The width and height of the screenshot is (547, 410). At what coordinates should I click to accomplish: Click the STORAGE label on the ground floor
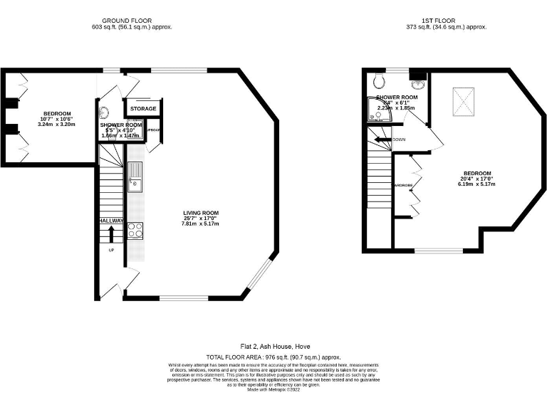143,109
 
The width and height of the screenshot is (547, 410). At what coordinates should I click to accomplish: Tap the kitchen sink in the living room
134,178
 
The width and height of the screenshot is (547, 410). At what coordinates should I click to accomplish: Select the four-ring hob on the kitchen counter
135,229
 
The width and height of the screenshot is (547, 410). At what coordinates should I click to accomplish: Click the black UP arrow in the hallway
111,233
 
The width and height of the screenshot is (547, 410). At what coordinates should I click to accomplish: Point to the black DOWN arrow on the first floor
382,140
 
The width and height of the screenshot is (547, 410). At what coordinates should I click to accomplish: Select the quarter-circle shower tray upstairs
372,109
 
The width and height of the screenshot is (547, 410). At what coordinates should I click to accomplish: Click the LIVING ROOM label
200,213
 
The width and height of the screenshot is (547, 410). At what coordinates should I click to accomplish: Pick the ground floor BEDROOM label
57,114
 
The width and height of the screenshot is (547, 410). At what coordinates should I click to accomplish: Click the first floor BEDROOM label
476,174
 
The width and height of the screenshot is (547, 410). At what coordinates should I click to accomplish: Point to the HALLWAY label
111,221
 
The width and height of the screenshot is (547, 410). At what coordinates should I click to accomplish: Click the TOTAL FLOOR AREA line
273,357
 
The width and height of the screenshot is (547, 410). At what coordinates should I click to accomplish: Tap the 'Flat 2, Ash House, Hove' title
273,346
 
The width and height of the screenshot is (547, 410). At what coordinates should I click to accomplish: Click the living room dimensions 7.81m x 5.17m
200,224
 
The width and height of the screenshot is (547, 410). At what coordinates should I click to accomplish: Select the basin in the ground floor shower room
105,112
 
